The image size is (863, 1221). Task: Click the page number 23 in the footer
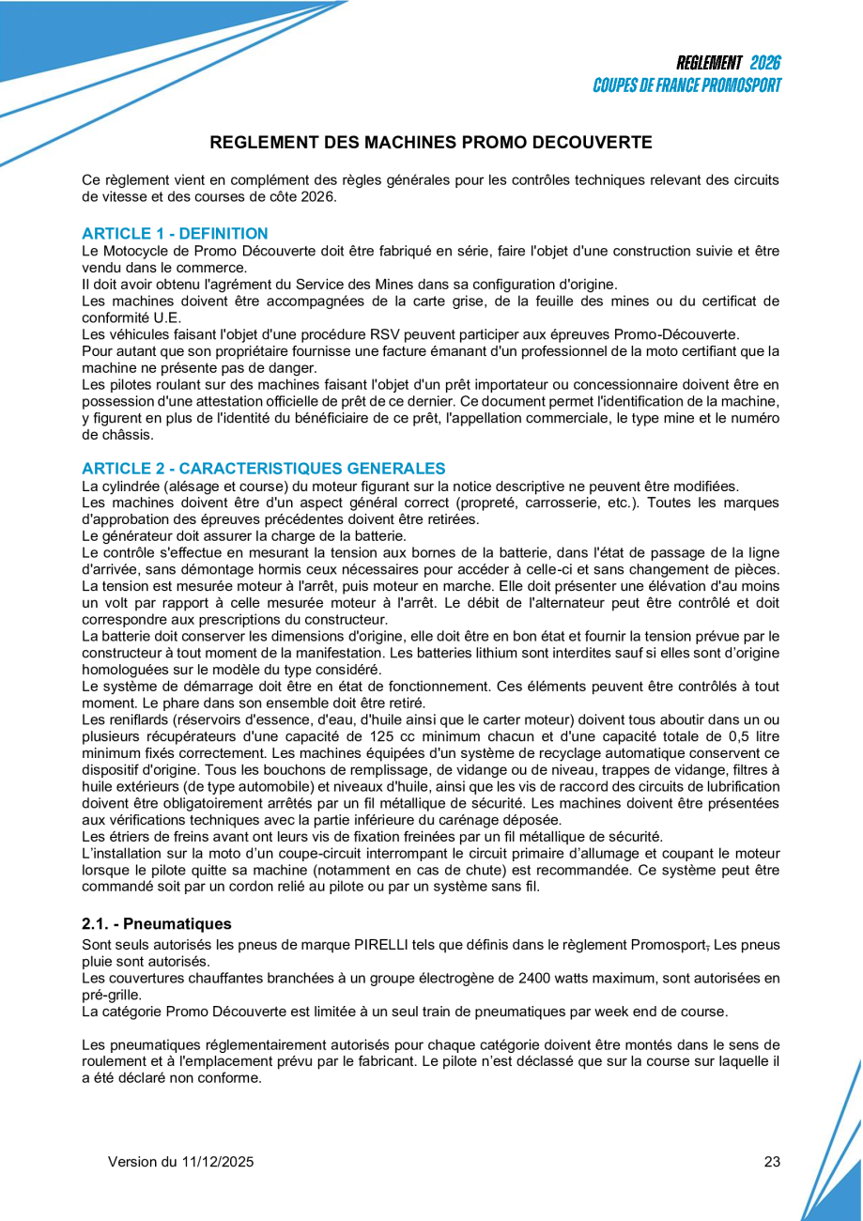(772, 1162)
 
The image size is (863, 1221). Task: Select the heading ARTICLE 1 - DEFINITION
(175, 234)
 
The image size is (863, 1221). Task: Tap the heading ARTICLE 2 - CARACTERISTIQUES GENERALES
(263, 468)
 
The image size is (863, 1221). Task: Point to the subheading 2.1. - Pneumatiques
(156, 924)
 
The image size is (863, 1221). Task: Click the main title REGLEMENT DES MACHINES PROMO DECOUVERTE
(431, 143)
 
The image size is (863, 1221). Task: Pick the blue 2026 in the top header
(765, 63)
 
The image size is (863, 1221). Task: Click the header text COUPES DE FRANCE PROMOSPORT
(686, 85)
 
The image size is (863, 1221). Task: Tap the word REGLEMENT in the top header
(709, 63)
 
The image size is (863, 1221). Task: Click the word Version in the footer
(131, 1162)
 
